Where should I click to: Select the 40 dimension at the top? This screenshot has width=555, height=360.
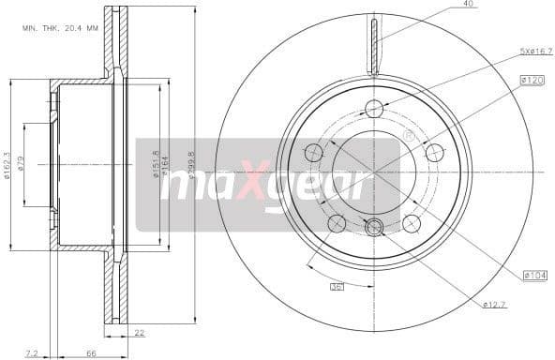468,5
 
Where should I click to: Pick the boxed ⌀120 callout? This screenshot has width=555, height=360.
532,82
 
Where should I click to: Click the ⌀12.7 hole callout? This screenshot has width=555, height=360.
495,304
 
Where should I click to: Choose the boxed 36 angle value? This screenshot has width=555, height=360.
337,286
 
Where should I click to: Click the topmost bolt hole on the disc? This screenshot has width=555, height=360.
374,108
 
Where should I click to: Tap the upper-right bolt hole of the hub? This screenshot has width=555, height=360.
434,152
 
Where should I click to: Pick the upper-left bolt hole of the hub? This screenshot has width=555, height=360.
313,152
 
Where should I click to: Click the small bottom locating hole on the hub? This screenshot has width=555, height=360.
374,226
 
